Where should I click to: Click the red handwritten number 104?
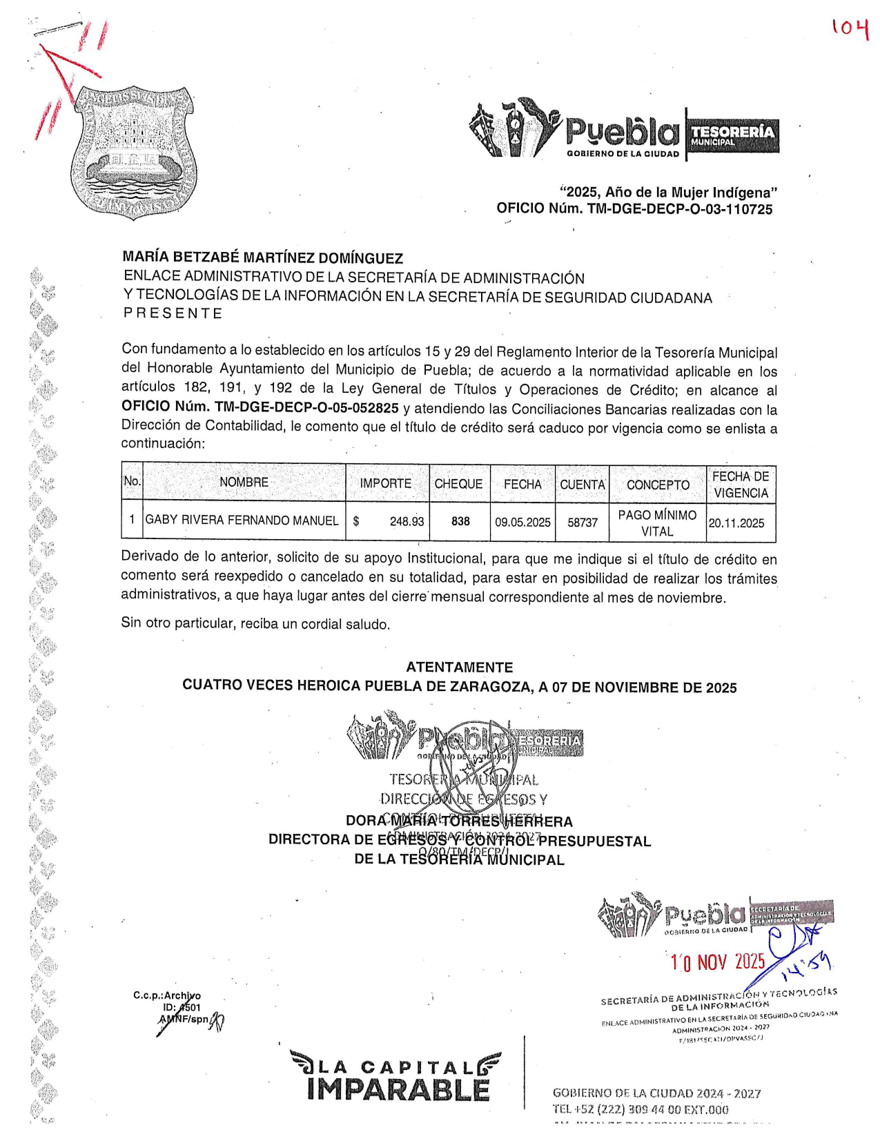[849, 28]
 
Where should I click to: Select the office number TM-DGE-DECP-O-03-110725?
[680, 209]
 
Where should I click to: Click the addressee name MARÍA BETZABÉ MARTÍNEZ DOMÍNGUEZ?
[263, 258]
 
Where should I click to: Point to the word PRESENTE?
[173, 313]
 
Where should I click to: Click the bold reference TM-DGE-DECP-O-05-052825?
[306, 408]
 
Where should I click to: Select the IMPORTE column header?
[385, 483]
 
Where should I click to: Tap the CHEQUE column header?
[458, 484]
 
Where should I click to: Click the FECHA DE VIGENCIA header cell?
[741, 485]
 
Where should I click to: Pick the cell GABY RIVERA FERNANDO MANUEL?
[242, 520]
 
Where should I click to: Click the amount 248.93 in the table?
[407, 522]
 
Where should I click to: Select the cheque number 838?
[460, 522]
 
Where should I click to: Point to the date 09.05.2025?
[522, 523]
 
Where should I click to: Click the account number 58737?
[583, 523]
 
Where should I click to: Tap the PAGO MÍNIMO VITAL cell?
[657, 523]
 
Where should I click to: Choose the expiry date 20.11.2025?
[736, 523]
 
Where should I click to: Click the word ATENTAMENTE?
[459, 668]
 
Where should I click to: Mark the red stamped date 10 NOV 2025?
[718, 962]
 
